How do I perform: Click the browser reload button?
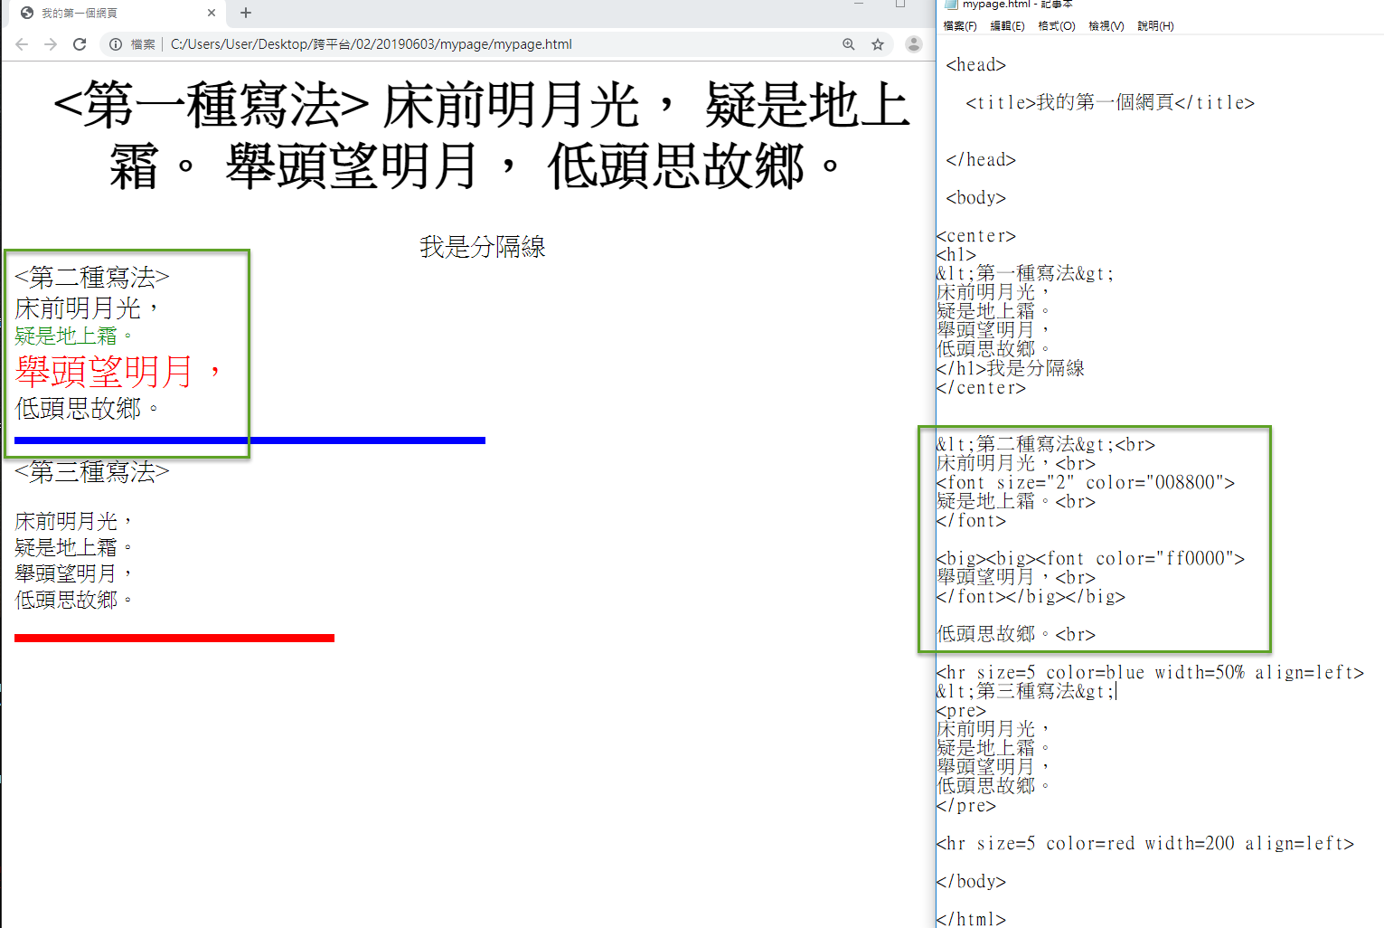point(80,44)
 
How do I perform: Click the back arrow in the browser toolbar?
point(22,44)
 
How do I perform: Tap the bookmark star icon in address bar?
point(877,44)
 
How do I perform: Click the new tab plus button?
point(246,13)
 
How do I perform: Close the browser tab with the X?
point(212,13)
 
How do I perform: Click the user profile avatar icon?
point(914,44)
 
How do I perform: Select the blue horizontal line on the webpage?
point(249,440)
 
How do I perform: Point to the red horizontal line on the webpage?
point(174,639)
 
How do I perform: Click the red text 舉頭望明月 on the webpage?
point(104,372)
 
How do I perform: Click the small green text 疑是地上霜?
point(66,336)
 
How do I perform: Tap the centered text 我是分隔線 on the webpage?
point(482,247)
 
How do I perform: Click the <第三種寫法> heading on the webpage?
point(92,472)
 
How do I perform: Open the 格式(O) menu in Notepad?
point(1056,26)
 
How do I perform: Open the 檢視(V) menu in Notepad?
point(1106,26)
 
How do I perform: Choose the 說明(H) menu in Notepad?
point(1155,26)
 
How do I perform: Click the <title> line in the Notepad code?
point(1109,103)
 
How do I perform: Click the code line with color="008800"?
point(1086,483)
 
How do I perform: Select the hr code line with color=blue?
point(1149,673)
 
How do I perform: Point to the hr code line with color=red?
point(1144,844)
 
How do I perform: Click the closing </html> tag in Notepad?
point(971,919)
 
